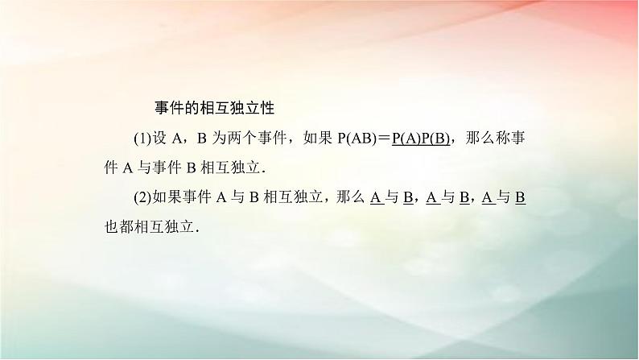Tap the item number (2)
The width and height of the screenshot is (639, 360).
coord(142,197)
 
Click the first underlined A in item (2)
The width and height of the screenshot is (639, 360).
coord(375,197)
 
